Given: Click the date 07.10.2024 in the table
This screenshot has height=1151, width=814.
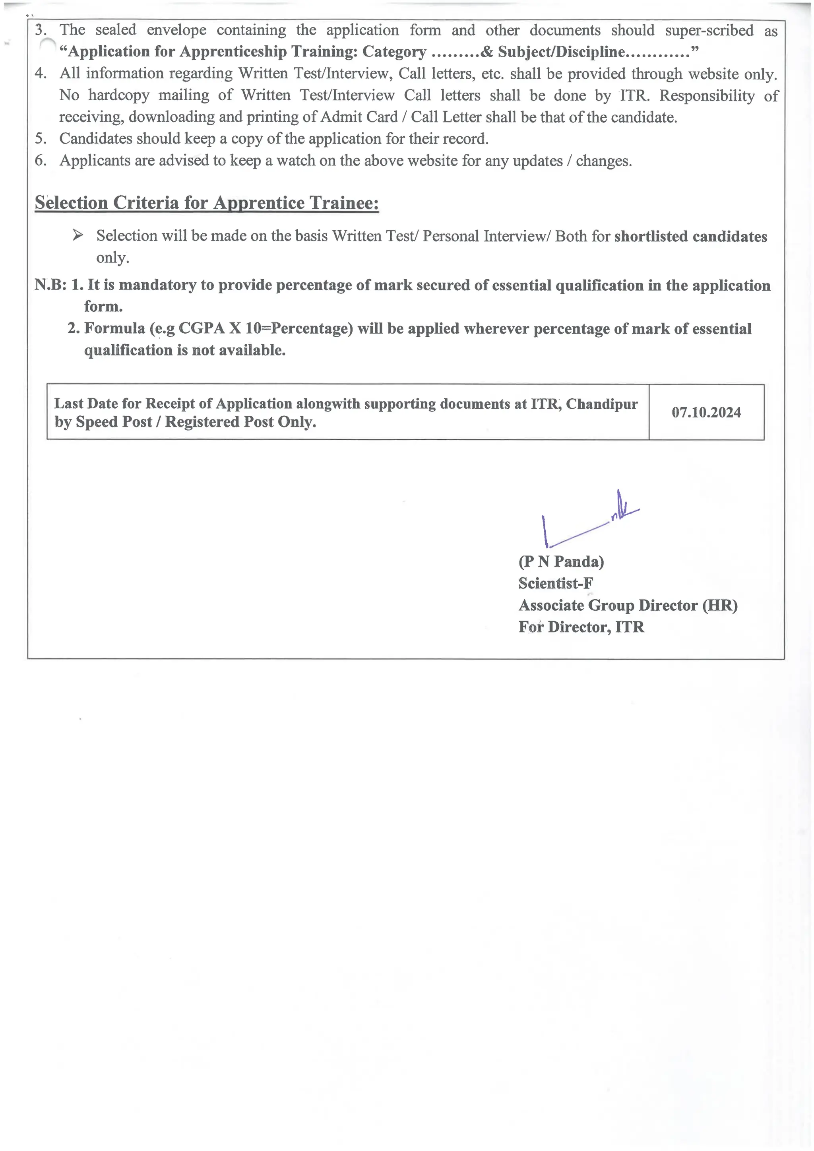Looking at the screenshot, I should pos(706,413).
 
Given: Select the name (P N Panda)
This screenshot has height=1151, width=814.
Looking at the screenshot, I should pos(561,561).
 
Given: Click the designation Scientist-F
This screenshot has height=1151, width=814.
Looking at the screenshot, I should pos(555,583).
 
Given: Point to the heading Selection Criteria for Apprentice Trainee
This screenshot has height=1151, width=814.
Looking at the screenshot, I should pos(207,202).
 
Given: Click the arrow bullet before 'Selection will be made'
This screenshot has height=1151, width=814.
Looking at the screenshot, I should pos(77,235).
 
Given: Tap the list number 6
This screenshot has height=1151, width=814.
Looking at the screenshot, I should pos(40,160).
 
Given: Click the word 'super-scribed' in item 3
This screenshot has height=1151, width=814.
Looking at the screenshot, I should pos(709,31).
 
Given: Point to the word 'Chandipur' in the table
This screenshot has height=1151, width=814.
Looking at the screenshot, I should pos(601,404).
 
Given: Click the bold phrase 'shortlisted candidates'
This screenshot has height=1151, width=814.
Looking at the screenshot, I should pos(690,236).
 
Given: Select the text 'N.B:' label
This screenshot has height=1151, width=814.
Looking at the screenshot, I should pos(50,285).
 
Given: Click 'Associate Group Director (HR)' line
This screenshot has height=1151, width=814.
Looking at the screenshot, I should pos(628,605).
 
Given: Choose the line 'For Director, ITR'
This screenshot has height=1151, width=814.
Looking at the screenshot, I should pos(581,627).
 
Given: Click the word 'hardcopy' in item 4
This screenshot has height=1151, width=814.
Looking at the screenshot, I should pos(119,95).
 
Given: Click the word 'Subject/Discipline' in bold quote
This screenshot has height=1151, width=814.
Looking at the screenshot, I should pos(561,52).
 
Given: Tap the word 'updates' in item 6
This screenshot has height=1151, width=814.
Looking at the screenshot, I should pos(537,161).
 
